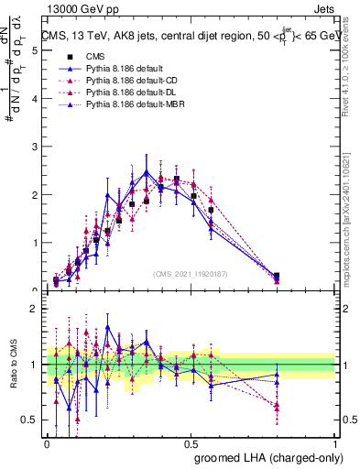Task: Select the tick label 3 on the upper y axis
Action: click(34, 147)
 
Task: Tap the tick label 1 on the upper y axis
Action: click(34, 244)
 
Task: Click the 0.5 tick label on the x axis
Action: click(191, 442)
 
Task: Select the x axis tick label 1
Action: click(335, 442)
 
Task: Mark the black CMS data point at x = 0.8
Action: click(278, 276)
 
